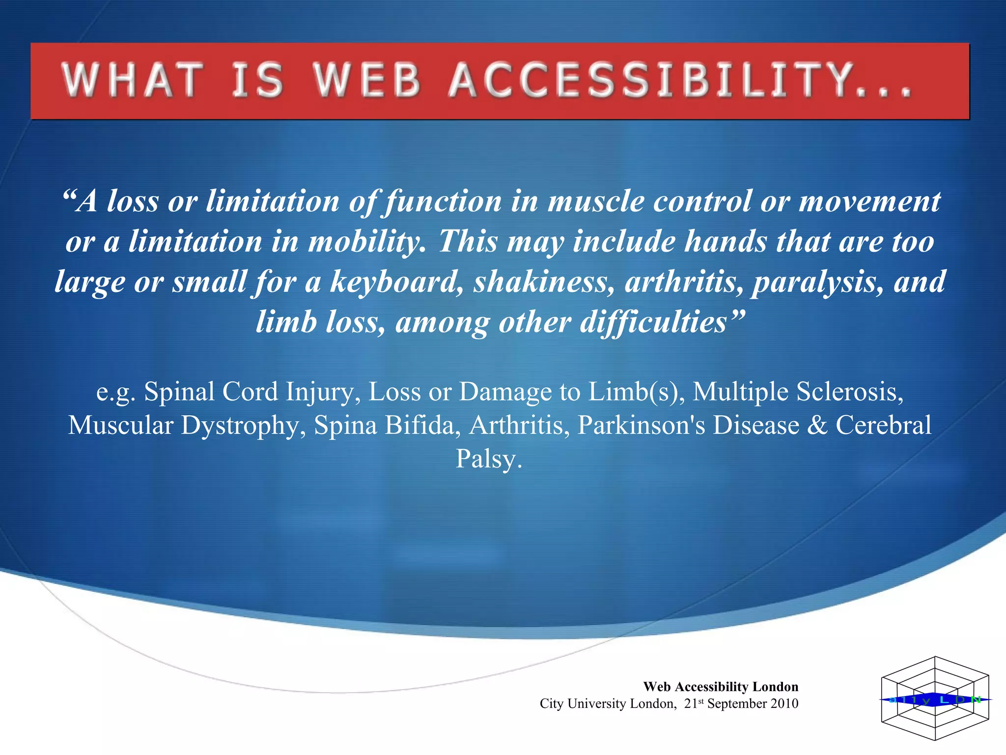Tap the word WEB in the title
367,81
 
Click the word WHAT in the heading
133,81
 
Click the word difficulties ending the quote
653,322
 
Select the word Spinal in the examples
179,392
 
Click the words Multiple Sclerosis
798,392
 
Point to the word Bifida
422,425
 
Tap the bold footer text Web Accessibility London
721,687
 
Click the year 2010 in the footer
784,703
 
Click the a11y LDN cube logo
935,698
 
